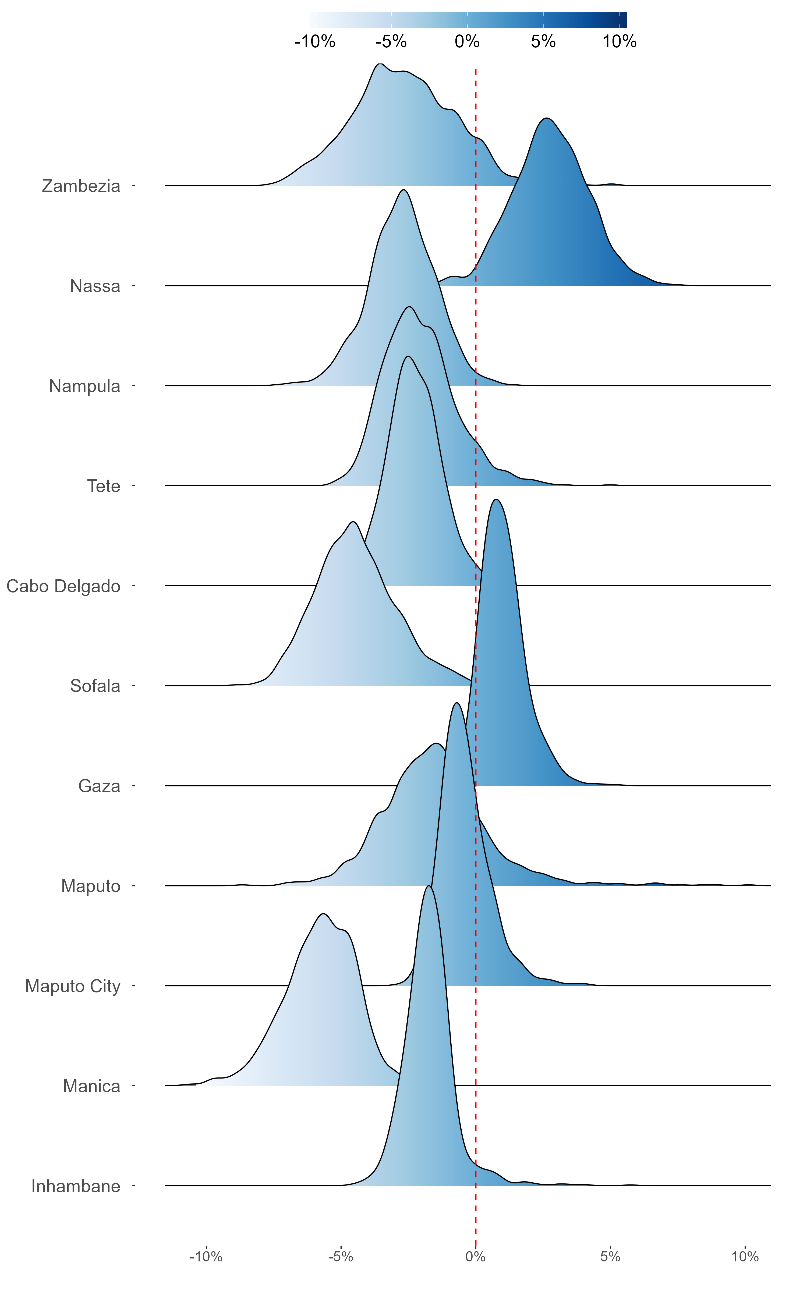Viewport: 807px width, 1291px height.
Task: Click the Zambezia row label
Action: pos(81,186)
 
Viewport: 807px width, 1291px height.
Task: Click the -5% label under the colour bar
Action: pos(391,42)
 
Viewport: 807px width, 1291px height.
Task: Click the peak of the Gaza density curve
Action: pos(496,499)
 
